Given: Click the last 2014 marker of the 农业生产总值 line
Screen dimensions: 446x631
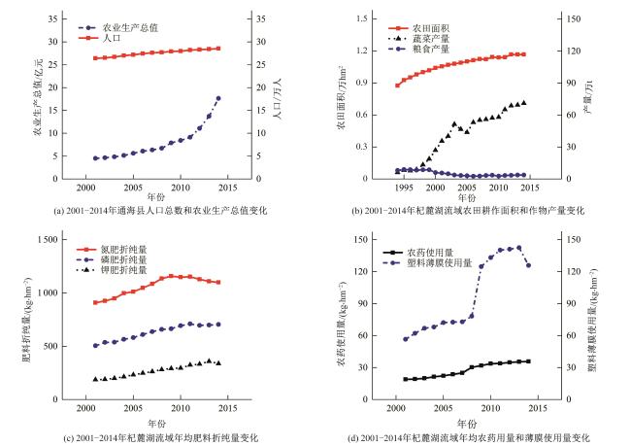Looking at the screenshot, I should point(218,98).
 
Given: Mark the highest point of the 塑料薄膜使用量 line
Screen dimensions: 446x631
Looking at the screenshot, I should point(519,248).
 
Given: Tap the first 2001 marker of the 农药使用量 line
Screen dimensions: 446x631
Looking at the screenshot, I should point(405,379).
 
